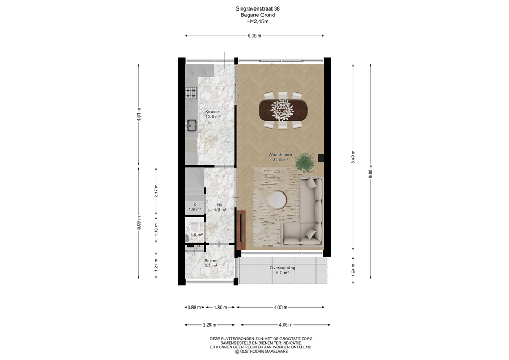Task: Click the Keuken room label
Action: (x=213, y=114)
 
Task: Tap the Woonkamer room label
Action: (x=280, y=157)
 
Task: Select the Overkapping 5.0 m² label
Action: (x=283, y=270)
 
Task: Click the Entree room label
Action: (x=210, y=263)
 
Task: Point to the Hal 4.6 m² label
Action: (x=220, y=207)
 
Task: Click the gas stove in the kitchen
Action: (x=191, y=93)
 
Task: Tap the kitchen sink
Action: (x=191, y=125)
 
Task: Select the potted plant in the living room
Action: (x=305, y=162)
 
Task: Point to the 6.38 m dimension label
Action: (x=254, y=36)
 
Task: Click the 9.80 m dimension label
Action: (x=371, y=171)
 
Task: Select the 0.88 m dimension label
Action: (x=194, y=308)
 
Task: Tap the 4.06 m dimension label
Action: (x=285, y=324)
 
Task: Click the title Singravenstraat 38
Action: (x=258, y=9)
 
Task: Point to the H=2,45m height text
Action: (x=258, y=21)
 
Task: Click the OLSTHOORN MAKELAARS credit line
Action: (x=261, y=351)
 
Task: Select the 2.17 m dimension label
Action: (x=156, y=191)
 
